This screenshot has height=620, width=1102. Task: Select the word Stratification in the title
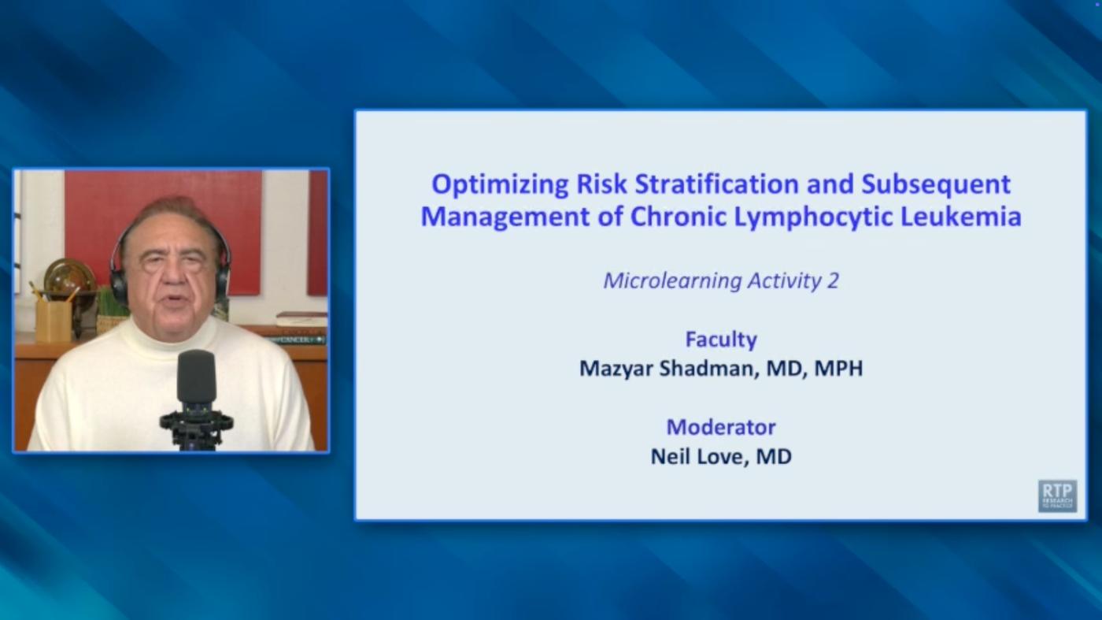(717, 184)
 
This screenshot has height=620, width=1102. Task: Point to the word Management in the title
(505, 217)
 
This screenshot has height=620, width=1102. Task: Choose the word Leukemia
(961, 216)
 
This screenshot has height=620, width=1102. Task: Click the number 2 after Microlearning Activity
(833, 280)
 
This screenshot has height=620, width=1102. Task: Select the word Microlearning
(672, 281)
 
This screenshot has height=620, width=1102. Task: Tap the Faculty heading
(721, 340)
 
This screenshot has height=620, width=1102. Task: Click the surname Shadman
(705, 369)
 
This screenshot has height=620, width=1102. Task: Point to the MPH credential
(838, 369)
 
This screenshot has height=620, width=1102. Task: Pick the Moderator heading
(721, 427)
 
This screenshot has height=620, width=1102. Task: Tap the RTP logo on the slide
(1058, 496)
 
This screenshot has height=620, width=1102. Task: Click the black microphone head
(196, 377)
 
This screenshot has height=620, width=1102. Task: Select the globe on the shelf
(69, 277)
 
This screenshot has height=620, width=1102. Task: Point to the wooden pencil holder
(54, 321)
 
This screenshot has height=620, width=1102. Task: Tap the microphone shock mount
(196, 422)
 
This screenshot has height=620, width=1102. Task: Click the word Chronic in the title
(679, 216)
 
